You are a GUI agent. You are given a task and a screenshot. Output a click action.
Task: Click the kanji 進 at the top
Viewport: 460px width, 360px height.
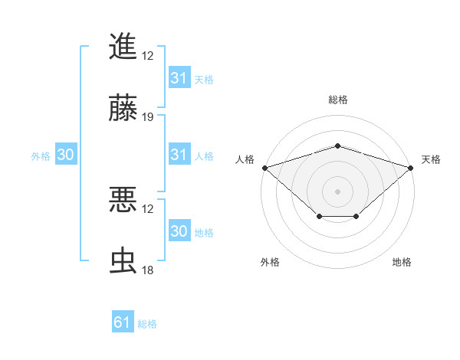tap(123, 46)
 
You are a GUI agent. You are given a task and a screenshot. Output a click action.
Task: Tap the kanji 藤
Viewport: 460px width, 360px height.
tap(123, 109)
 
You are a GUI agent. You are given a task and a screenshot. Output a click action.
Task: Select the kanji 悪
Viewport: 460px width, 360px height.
tap(123, 201)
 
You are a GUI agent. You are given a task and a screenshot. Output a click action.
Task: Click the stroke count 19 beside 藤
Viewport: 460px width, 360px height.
tap(148, 118)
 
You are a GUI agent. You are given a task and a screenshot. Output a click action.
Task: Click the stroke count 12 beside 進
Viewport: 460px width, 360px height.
tap(148, 56)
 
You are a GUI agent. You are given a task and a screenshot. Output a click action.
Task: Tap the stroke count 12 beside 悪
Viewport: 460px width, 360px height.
tap(148, 209)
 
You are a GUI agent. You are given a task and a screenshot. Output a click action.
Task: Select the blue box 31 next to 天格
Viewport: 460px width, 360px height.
tap(179, 78)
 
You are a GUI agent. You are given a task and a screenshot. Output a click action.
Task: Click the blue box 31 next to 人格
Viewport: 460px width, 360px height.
tap(179, 155)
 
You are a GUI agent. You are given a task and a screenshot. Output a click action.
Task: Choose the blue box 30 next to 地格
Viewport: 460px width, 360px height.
tap(179, 231)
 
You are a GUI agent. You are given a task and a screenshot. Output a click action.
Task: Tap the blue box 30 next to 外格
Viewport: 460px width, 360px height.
tap(66, 155)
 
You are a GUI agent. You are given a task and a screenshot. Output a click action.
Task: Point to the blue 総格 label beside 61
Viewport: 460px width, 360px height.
tap(147, 324)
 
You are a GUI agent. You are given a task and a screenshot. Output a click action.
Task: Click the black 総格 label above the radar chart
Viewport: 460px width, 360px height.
tap(337, 100)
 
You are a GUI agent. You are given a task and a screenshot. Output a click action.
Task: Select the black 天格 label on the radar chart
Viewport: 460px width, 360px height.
tap(431, 159)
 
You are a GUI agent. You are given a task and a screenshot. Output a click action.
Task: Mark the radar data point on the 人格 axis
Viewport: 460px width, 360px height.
tap(264, 167)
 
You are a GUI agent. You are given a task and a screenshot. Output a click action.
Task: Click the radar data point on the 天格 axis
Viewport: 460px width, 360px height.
tap(411, 167)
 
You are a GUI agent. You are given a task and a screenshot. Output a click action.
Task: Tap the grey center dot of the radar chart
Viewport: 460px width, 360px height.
tap(337, 191)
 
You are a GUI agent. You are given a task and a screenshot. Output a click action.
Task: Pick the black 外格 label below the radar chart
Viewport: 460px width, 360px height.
tap(270, 263)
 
